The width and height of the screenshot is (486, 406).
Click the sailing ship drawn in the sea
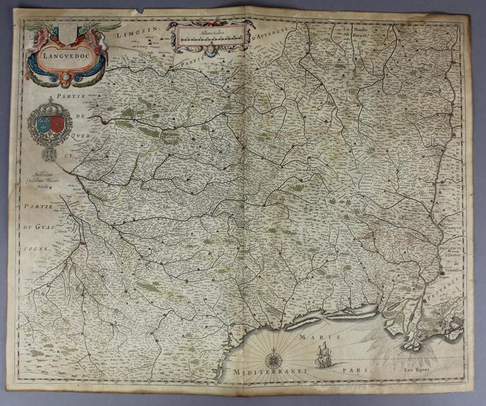[324, 358]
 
